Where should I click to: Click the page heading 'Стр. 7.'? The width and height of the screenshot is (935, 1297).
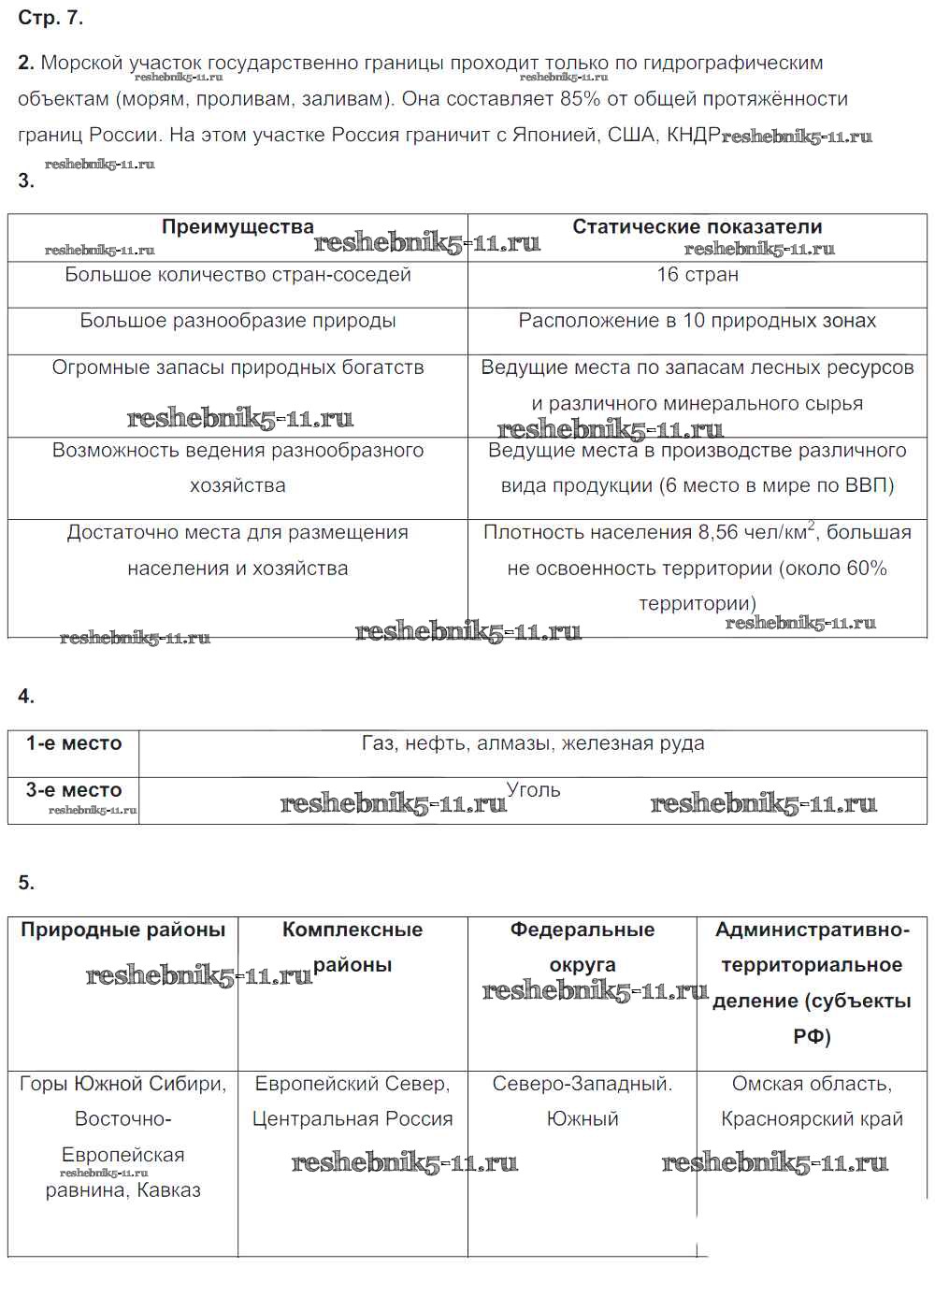pyautogui.click(x=50, y=18)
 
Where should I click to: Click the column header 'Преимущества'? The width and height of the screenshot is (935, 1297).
pyautogui.click(x=237, y=227)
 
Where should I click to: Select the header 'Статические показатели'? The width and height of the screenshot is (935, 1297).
pyautogui.click(x=697, y=227)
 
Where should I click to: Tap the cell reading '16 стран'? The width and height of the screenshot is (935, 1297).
pyautogui.click(x=697, y=275)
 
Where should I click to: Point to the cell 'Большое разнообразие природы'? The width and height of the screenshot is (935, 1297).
pyautogui.click(x=237, y=321)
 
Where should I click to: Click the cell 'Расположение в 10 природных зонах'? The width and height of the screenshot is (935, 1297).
pyautogui.click(x=697, y=321)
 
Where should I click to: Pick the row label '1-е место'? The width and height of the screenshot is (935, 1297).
pyautogui.click(x=74, y=743)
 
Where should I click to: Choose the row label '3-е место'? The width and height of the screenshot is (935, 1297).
pyautogui.click(x=74, y=790)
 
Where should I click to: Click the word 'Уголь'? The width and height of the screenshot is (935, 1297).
pyautogui.click(x=533, y=790)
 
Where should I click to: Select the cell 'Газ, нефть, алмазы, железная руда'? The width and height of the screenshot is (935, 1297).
pyautogui.click(x=533, y=743)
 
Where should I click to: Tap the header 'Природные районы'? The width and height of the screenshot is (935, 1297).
pyautogui.click(x=123, y=930)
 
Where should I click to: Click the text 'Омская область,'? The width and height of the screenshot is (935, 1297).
pyautogui.click(x=812, y=1084)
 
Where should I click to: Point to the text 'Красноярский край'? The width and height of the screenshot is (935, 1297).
pyautogui.click(x=812, y=1119)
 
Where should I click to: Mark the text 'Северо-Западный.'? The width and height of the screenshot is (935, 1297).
pyautogui.click(x=582, y=1084)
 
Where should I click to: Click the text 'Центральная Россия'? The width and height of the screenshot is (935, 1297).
pyautogui.click(x=352, y=1119)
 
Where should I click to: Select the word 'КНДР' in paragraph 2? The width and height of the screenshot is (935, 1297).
pyautogui.click(x=693, y=135)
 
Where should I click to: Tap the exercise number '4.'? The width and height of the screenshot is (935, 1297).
pyautogui.click(x=26, y=696)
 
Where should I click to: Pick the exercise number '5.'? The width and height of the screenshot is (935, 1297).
pyautogui.click(x=26, y=883)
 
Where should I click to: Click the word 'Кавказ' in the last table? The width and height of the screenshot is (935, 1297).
pyautogui.click(x=168, y=1190)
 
